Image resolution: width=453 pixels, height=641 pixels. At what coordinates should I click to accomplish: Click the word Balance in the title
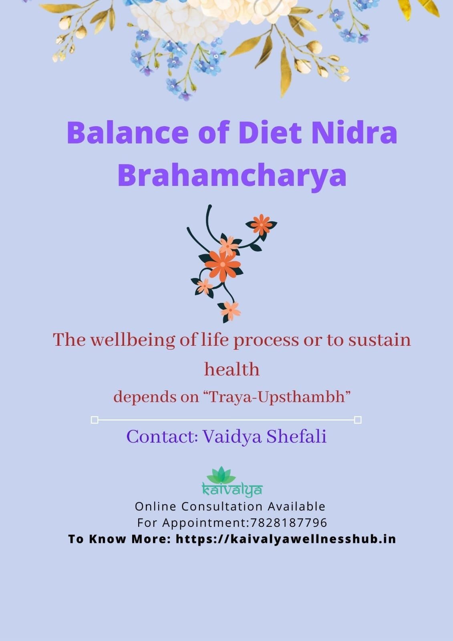(128, 133)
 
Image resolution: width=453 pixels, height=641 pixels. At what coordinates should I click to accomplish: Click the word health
(232, 369)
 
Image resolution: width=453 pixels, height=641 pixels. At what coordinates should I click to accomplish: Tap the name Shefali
(296, 436)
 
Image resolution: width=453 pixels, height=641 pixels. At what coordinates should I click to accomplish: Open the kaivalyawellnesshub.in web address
(286, 539)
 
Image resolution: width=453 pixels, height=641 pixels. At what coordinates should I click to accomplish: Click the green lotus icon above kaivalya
(221, 475)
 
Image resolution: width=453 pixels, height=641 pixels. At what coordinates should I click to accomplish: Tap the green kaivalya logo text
(232, 490)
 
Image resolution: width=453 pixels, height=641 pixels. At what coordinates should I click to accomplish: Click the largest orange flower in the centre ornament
(223, 265)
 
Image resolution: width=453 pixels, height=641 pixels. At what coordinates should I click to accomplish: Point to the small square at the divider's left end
(95, 420)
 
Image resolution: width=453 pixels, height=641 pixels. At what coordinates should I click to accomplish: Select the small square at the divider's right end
(358, 420)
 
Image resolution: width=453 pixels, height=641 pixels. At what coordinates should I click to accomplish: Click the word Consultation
(222, 506)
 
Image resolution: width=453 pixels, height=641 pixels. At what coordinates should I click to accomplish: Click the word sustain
(379, 340)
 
